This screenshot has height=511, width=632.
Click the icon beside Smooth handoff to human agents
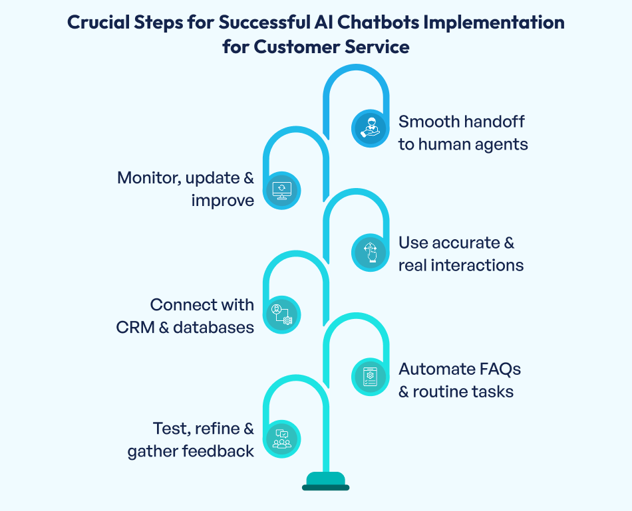[x=369, y=128]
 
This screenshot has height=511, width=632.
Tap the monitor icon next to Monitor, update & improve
[x=282, y=190]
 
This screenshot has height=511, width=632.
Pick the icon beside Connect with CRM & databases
[x=282, y=314]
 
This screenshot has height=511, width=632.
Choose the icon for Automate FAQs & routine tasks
[x=369, y=377]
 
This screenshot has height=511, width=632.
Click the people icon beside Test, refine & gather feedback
[x=282, y=439]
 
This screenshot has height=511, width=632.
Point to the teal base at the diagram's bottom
[x=325, y=481]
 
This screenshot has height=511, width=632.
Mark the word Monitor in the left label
[x=150, y=177]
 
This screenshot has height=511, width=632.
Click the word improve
[x=223, y=200]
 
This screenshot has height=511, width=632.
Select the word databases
[x=214, y=327]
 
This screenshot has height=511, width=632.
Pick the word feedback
[x=217, y=451]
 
